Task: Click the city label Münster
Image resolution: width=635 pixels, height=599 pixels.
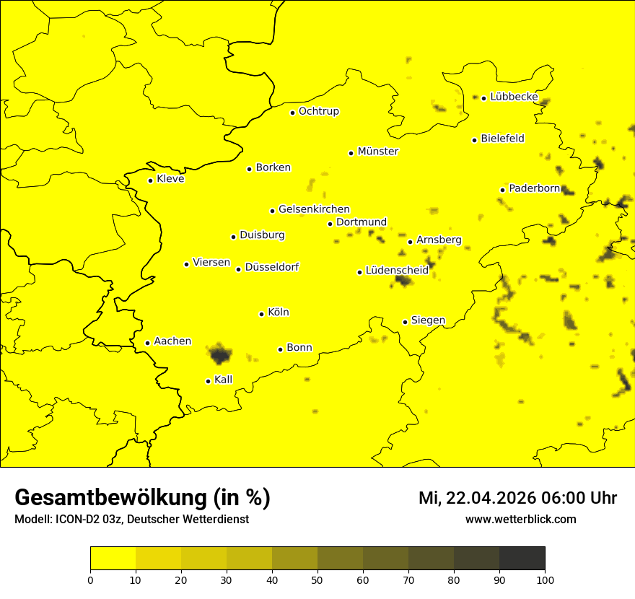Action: (x=377, y=152)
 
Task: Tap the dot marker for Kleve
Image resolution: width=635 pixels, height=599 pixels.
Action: (x=150, y=180)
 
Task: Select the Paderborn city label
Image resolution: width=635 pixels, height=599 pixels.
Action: (x=534, y=188)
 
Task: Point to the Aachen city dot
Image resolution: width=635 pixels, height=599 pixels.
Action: (x=147, y=343)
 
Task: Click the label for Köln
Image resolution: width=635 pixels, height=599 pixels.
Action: (x=278, y=312)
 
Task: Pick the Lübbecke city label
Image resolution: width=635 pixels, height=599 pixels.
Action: (x=514, y=97)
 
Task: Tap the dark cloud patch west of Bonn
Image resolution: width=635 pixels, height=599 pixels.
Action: (x=220, y=354)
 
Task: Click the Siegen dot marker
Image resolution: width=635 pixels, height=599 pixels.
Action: (x=406, y=322)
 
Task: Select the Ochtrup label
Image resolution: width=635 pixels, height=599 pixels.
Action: (x=318, y=111)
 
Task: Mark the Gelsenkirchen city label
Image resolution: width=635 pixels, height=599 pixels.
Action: (x=314, y=209)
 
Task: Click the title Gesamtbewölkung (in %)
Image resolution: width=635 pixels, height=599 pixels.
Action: (x=142, y=498)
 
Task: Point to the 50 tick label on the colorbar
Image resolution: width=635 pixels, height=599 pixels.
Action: (x=317, y=580)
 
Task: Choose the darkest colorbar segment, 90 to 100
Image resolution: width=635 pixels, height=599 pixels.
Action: (x=522, y=559)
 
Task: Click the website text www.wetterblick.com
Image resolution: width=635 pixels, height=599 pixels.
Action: (x=520, y=519)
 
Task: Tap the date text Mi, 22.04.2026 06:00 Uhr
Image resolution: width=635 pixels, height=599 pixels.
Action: (x=517, y=498)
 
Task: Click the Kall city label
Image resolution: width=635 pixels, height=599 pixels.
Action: (x=224, y=380)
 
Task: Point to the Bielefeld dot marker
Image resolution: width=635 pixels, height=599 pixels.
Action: (x=474, y=140)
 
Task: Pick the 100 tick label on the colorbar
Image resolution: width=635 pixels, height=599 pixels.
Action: (x=545, y=580)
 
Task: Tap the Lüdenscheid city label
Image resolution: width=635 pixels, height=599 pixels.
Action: (x=397, y=271)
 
